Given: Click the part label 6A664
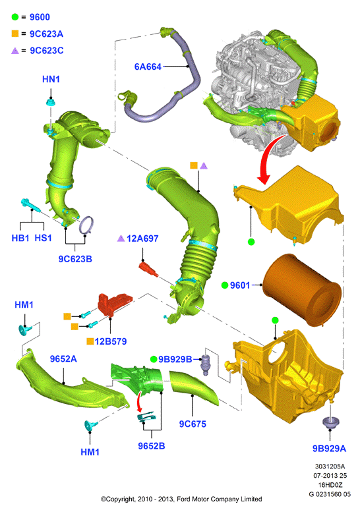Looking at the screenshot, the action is (148, 67).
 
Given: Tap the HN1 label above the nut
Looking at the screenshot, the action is (51, 79).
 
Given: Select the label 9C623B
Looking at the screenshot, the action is (75, 259).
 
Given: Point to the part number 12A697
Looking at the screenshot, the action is (142, 239).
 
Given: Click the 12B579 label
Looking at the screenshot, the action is (111, 341).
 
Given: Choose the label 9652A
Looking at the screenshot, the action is (63, 359).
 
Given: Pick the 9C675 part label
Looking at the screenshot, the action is (193, 424).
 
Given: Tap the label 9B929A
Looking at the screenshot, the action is (329, 449).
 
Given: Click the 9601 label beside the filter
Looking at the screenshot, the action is (240, 285).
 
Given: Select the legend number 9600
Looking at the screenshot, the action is (40, 17).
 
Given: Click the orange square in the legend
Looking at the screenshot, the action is (15, 34).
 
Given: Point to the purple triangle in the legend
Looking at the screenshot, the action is (15, 51).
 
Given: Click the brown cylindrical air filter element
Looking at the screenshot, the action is (302, 290).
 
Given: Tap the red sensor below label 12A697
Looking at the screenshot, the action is (148, 269).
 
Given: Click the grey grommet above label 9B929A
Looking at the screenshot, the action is (330, 422).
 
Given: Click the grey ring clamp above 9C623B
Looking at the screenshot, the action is (87, 225).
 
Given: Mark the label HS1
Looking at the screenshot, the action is (43, 238).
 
